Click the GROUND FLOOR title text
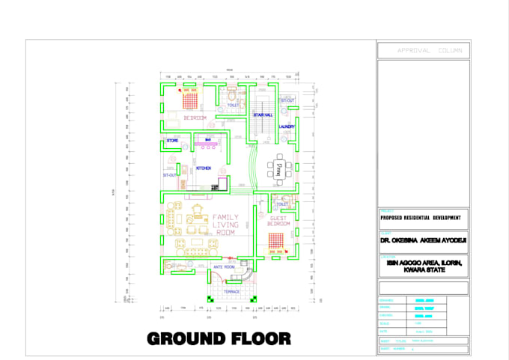click(x=219, y=338)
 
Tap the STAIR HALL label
click(x=263, y=115)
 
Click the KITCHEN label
click(x=204, y=168)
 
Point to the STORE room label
click(x=172, y=140)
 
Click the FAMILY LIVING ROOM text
click(x=225, y=225)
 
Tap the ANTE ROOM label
click(x=225, y=267)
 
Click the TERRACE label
click(x=232, y=291)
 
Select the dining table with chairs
click(x=278, y=168)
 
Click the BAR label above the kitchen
click(x=207, y=139)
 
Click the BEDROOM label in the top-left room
click(x=195, y=118)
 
